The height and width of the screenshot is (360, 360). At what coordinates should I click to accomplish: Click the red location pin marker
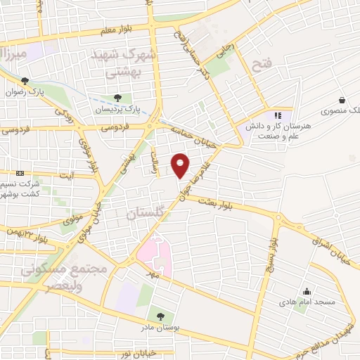point(181,165)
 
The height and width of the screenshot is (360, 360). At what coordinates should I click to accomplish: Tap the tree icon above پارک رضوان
point(25,81)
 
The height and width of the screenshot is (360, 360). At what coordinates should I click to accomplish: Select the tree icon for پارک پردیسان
point(117,97)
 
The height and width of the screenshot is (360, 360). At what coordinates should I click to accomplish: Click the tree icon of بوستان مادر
point(161,316)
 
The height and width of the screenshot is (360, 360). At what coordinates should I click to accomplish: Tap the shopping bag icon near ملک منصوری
point(341,100)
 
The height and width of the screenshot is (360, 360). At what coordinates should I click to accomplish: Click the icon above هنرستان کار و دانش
point(278,115)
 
